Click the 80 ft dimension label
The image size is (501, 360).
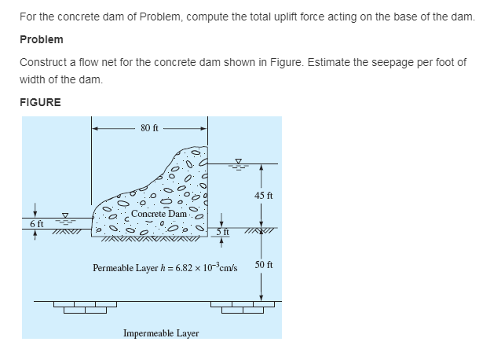(x=150, y=128)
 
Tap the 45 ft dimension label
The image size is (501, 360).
(x=264, y=195)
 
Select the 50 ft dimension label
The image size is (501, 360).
(x=264, y=266)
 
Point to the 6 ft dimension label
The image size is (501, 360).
(x=36, y=224)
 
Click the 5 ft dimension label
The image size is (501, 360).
(x=224, y=230)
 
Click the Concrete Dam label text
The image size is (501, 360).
(x=159, y=214)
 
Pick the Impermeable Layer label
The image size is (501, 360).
(x=161, y=333)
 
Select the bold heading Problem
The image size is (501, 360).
(x=42, y=39)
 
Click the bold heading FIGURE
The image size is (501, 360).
(x=40, y=102)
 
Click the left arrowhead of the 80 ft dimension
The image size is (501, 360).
(x=96, y=128)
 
